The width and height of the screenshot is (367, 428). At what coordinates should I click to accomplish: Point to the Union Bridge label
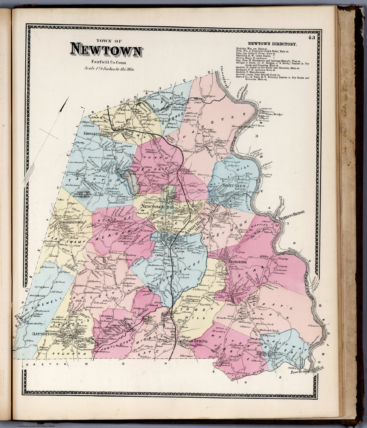[274, 115]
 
